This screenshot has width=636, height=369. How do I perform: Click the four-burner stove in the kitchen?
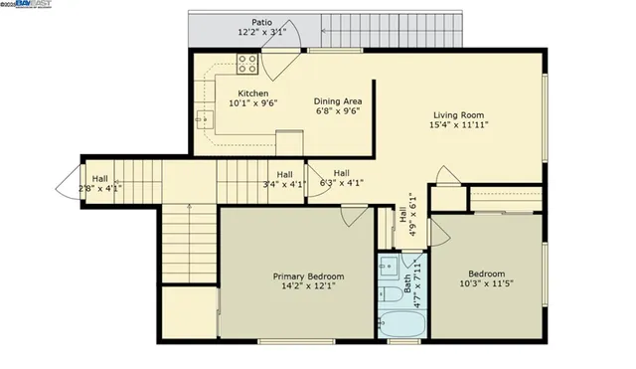click(247, 66)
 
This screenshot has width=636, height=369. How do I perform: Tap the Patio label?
click(261, 21)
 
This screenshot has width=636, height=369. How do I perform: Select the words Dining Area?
click(336, 101)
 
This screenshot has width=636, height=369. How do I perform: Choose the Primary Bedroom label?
click(309, 276)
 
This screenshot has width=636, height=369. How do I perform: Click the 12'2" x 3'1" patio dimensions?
click(261, 32)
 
